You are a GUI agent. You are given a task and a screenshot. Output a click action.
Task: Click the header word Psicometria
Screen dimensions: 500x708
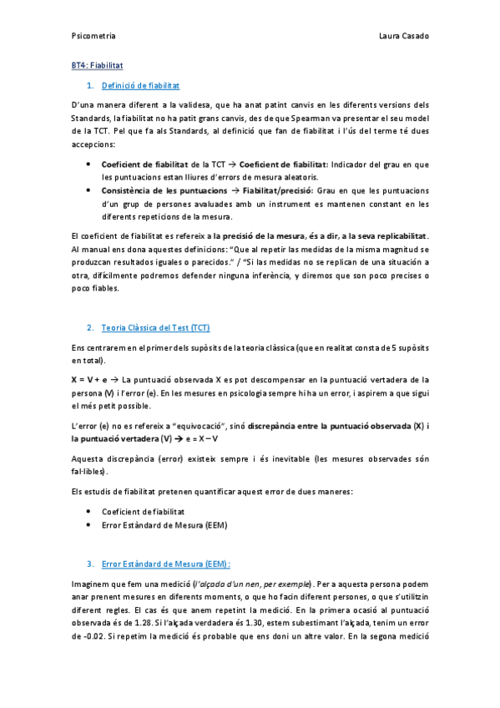[x=93, y=37]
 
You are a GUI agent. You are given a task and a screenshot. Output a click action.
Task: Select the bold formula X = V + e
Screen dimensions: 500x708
[x=88, y=379]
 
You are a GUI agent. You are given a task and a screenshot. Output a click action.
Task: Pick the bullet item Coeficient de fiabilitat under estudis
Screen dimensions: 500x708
[x=143, y=511]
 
